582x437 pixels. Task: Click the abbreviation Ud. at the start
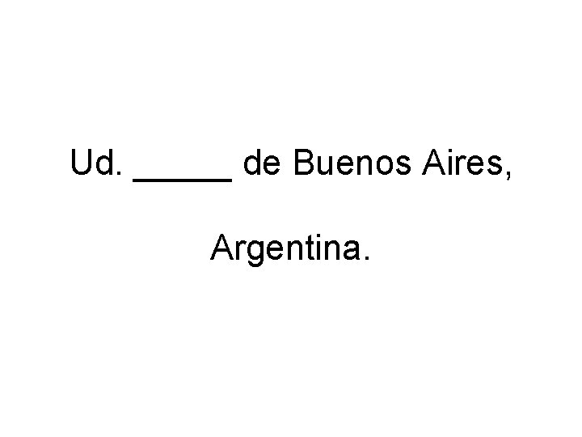[96, 165]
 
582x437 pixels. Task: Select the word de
[263, 165]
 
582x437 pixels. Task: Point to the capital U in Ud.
[82, 165]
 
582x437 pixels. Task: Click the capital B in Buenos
[304, 165]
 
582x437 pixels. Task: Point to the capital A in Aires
[424, 165]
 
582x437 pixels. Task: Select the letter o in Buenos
[369, 168]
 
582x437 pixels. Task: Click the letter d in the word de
[253, 165]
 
